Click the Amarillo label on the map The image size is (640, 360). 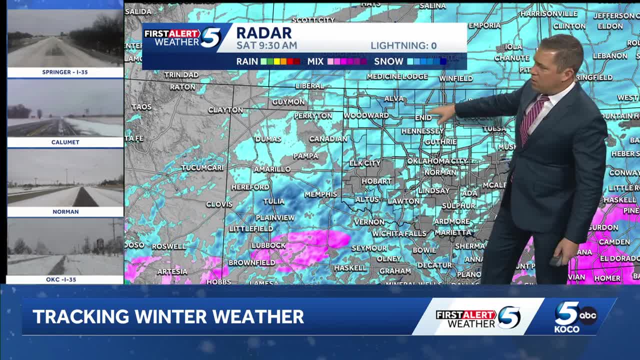pos(272,169)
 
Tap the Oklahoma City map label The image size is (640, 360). pos(437,161)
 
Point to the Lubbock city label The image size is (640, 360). pos(268,245)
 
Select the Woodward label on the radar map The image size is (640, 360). pos(366,115)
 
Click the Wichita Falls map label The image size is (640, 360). pos(399,233)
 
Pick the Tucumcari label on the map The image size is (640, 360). pos(202,167)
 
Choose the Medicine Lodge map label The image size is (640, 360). pos(397,76)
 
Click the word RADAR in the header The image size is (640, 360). pos(263,33)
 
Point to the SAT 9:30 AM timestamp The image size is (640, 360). pos(266,45)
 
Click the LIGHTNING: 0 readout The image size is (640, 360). pos(403,46)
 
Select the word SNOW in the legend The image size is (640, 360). pos(388,61)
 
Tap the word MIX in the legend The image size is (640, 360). pos(315,61)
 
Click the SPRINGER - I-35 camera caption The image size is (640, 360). pos(65,72)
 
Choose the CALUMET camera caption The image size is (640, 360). pos(65,142)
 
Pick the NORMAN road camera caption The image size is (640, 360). pos(65,211)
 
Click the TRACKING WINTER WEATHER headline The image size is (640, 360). pos(168,316)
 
